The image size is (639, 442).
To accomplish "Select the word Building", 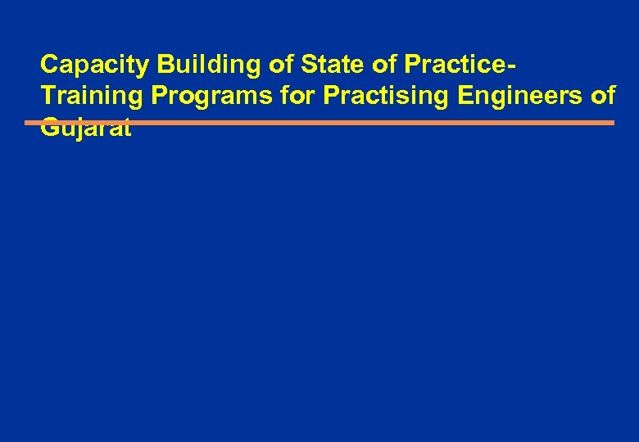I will click(x=194, y=65).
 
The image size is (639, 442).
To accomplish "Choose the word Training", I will click(x=92, y=96).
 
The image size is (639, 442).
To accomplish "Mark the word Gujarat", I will click(x=86, y=128).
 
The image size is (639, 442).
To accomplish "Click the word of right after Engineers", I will click(x=603, y=96).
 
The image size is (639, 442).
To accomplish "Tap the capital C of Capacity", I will click(x=49, y=65).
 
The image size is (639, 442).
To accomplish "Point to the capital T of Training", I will click(x=48, y=96).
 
